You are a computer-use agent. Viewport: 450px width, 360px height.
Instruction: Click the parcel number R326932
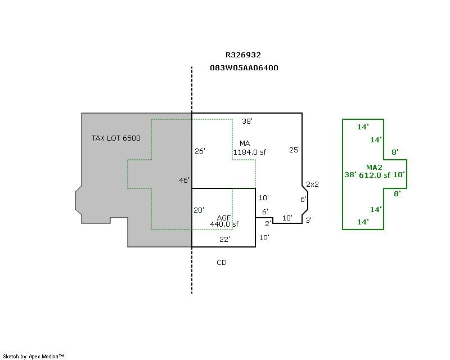pyautogui.click(x=243, y=55)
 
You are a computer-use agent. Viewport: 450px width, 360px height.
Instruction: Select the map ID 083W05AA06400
pyautogui.click(x=244, y=67)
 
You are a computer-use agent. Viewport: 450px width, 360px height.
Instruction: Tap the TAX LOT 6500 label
pyautogui.click(x=116, y=138)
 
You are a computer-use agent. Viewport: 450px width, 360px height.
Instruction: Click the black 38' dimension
pyautogui.click(x=247, y=121)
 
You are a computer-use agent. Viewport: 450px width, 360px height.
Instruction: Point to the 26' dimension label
pyautogui.click(x=200, y=151)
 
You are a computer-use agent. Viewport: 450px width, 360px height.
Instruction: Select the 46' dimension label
pyautogui.click(x=184, y=180)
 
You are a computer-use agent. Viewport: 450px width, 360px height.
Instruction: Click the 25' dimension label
pyautogui.click(x=294, y=150)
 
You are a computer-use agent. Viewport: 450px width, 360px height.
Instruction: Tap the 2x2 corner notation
pyautogui.click(x=313, y=184)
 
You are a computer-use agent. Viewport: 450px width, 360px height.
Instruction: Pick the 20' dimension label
pyautogui.click(x=199, y=210)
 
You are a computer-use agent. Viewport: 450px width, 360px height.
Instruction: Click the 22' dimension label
pyautogui.click(x=224, y=239)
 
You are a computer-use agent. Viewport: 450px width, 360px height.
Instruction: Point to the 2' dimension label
pyautogui.click(x=268, y=223)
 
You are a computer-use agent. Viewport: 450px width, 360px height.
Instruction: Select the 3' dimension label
pyautogui.click(x=308, y=219)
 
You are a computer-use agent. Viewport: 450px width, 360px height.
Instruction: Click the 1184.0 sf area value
pyautogui.click(x=250, y=152)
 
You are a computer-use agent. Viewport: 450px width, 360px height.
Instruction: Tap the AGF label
pyautogui.click(x=224, y=218)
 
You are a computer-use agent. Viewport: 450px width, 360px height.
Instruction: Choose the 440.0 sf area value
pyautogui.click(x=224, y=224)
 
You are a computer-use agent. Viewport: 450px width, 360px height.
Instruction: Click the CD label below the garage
pyautogui.click(x=221, y=262)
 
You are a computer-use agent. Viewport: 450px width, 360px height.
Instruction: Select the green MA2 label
pyautogui.click(x=374, y=167)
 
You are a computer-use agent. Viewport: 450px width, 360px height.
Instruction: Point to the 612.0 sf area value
pyautogui.click(x=375, y=175)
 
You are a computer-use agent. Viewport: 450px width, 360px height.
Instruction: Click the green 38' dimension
pyautogui.click(x=350, y=175)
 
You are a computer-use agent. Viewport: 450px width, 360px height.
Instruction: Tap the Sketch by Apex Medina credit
pyautogui.click(x=34, y=356)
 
